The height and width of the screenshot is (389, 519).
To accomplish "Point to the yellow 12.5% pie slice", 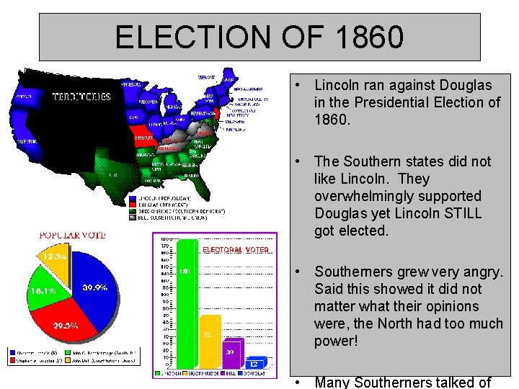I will pyautogui.click(x=57, y=259).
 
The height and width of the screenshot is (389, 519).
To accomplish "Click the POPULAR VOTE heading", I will pyautogui.click(x=71, y=235).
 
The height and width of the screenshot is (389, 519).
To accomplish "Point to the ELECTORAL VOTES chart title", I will pyautogui.click(x=236, y=250).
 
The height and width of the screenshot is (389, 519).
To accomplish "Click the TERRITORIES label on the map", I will pyautogui.click(x=81, y=96).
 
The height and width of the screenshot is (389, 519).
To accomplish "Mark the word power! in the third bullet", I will pyautogui.click(x=336, y=341).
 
